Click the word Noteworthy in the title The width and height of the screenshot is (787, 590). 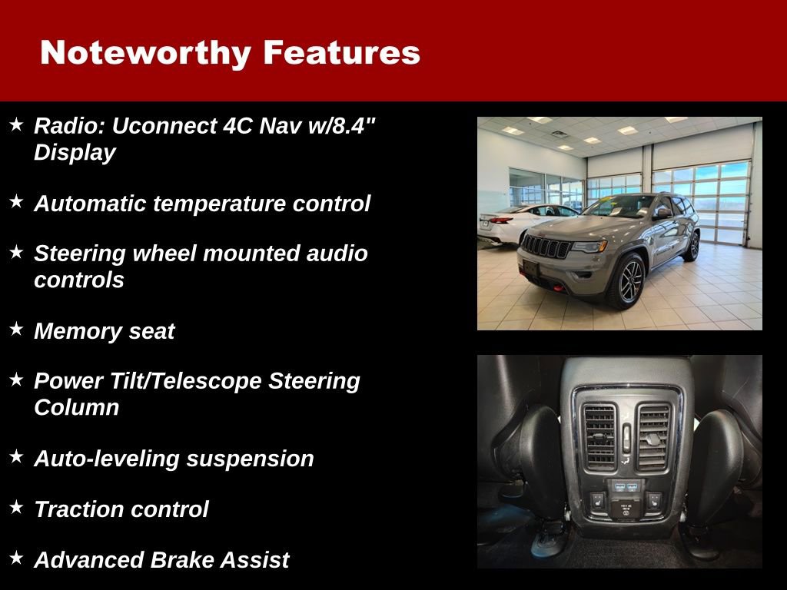tap(144, 53)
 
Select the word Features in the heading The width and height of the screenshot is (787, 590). tap(341, 53)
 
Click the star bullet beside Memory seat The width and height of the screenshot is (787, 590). tap(17, 330)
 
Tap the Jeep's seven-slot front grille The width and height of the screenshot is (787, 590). tap(546, 247)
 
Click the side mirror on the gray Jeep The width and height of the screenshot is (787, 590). tap(662, 214)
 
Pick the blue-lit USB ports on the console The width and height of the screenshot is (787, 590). tap(625, 486)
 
